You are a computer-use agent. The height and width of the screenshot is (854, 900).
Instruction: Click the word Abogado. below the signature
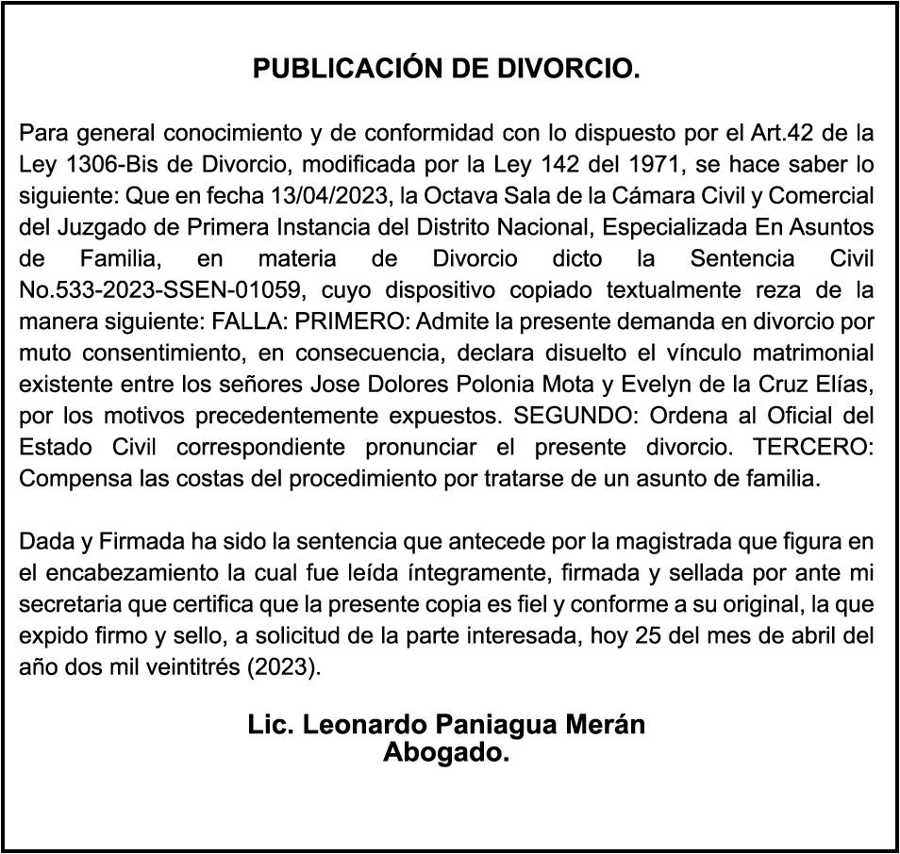click(446, 752)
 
